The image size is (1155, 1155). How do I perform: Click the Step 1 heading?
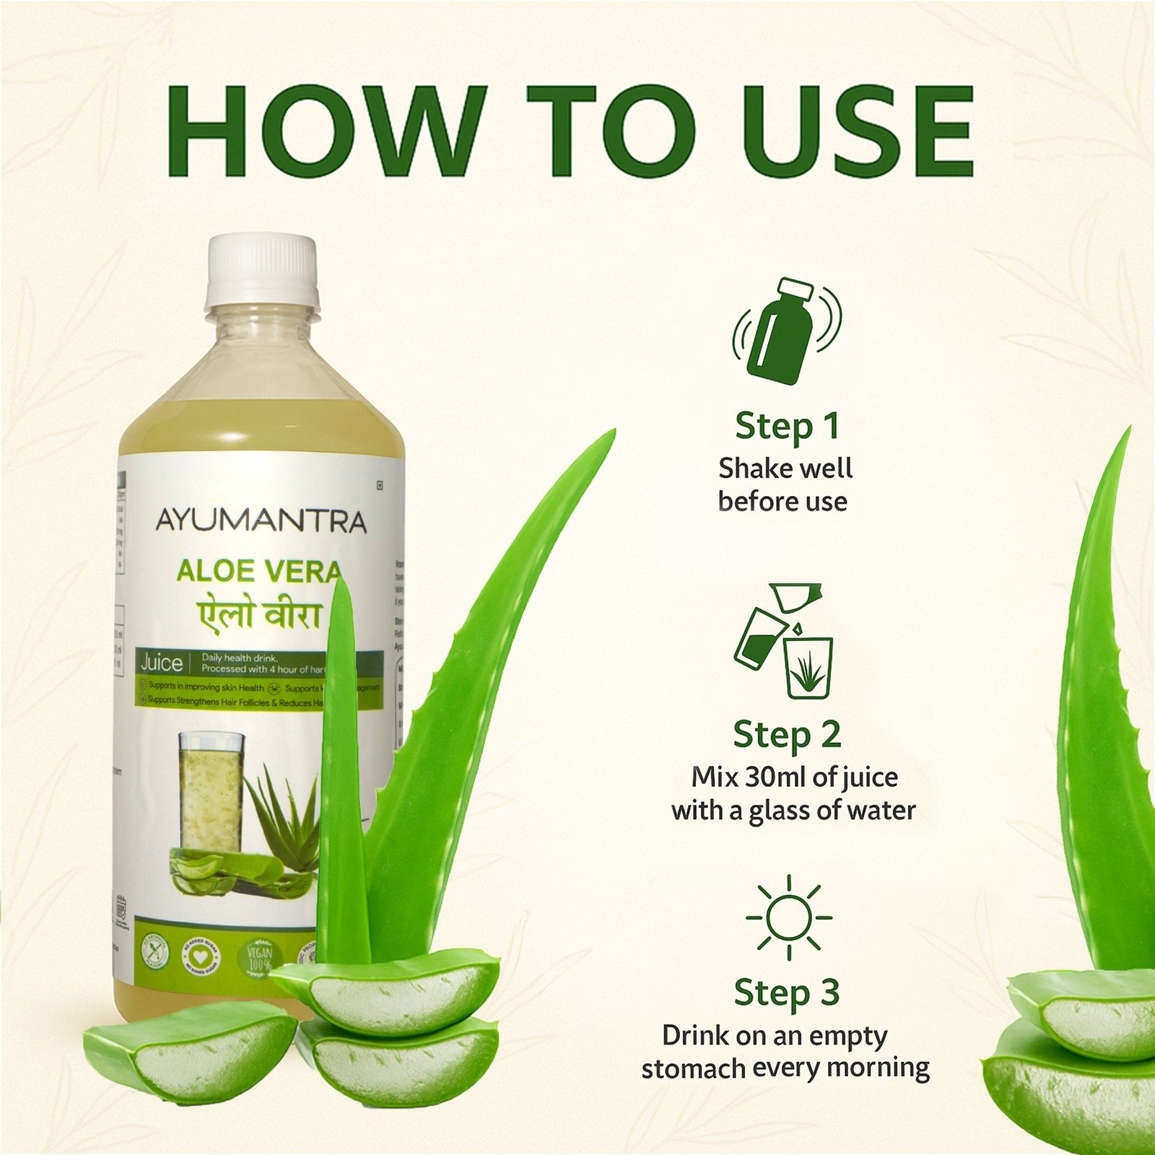point(787,426)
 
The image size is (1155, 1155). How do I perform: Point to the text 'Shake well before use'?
point(785,484)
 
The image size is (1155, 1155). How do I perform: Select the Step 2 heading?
point(787,735)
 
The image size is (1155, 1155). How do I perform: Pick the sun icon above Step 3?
point(788,918)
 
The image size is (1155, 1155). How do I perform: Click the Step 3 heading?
point(787,993)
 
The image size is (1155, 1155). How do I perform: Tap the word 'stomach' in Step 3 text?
point(692,1068)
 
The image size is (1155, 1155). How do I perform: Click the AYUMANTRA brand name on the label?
point(261,521)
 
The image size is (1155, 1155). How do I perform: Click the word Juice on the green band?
point(161,663)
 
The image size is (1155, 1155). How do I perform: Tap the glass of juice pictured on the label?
point(211,794)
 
